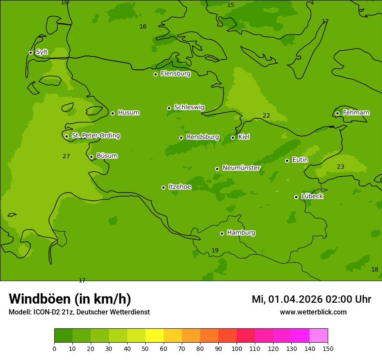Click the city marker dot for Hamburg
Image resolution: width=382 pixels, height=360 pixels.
[x=222, y=233]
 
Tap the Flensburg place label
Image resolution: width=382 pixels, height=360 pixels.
[x=175, y=74]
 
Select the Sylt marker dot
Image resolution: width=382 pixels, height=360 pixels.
[x=30, y=52]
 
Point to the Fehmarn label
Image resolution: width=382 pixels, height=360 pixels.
[x=356, y=113]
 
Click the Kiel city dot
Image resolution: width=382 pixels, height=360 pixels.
[x=233, y=137]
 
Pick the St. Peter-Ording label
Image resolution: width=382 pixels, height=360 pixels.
[x=95, y=136]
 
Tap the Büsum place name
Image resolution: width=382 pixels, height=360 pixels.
[x=107, y=156]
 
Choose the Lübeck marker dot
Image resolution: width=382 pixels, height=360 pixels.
[x=296, y=197]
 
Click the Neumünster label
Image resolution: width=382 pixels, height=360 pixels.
[x=241, y=168]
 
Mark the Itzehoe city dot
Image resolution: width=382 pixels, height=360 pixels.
[x=163, y=187]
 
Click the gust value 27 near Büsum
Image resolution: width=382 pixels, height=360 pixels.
[x=66, y=156]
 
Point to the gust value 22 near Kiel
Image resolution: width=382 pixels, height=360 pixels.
[x=266, y=115]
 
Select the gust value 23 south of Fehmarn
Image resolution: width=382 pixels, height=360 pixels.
[x=340, y=167]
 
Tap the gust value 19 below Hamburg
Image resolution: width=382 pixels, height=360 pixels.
[x=215, y=250]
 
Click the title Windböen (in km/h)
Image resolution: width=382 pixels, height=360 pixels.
[x=70, y=299]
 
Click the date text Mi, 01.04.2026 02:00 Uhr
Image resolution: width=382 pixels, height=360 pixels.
[x=311, y=299]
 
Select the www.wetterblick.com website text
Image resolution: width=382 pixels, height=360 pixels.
[x=313, y=312]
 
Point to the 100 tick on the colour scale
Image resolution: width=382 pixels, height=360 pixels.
[x=237, y=348]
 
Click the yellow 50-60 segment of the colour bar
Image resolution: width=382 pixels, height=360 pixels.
[x=155, y=336]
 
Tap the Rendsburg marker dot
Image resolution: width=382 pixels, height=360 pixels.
[x=181, y=137]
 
